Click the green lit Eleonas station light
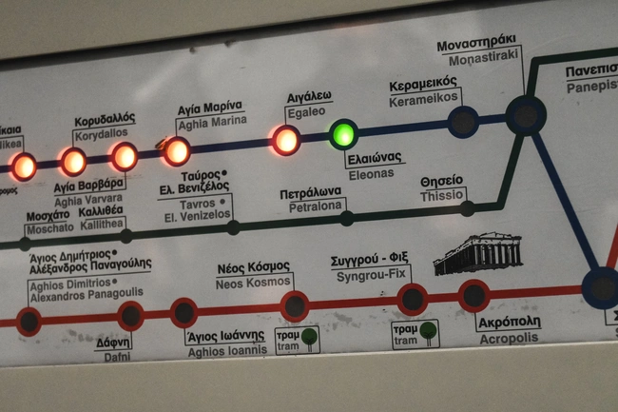343,134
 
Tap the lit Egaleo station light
285,140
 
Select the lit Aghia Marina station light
176,151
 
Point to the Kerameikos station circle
463,122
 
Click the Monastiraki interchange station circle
525,115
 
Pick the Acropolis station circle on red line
473,296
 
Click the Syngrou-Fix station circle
412,299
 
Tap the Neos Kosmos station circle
295,305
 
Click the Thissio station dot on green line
467,207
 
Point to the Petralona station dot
346,218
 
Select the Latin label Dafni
112,355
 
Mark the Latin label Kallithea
104,222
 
